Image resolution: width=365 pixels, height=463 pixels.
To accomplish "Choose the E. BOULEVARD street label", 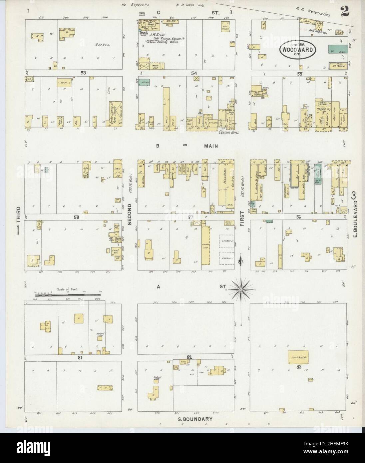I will pos(355,226).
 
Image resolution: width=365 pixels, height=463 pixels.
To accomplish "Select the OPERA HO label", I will pos(322,109).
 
